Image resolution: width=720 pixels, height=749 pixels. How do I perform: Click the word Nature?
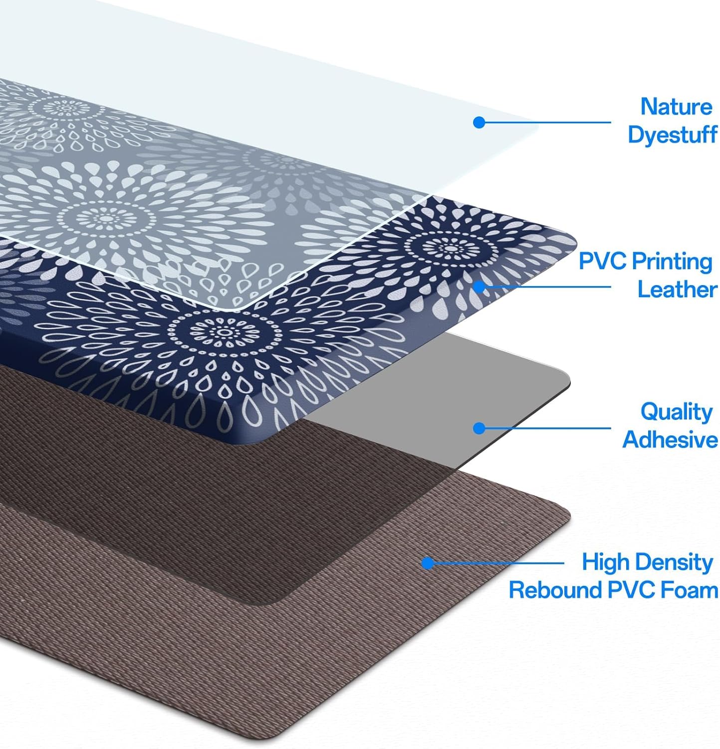click(x=676, y=107)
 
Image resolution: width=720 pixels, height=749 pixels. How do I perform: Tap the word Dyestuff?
click(x=672, y=135)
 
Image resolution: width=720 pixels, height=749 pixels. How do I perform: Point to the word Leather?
click(x=677, y=290)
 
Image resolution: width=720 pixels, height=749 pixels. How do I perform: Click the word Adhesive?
click(x=670, y=440)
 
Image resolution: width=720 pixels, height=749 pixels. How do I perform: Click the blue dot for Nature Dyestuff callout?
click(x=479, y=122)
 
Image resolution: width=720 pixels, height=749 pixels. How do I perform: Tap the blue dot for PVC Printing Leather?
click(x=479, y=287)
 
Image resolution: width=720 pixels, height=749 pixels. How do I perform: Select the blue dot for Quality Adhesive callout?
click(x=479, y=428)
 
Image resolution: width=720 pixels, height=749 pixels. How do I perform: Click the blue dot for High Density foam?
click(x=428, y=563)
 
